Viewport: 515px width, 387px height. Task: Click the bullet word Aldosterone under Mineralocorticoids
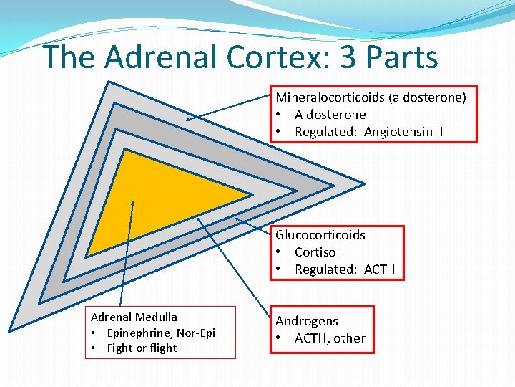click(x=330, y=115)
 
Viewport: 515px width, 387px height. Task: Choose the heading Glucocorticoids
click(x=320, y=235)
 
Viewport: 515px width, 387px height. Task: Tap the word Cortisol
click(x=316, y=252)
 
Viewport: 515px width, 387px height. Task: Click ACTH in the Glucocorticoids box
click(x=379, y=269)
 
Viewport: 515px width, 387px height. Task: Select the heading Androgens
click(x=307, y=321)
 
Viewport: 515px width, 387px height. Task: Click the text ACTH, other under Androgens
click(x=330, y=338)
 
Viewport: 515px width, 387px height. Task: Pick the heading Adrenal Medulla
click(x=134, y=317)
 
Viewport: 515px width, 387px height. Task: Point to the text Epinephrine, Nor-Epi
click(x=161, y=333)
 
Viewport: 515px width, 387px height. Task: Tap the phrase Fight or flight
click(x=142, y=348)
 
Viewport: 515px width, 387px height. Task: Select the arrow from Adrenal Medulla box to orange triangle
click(x=127, y=258)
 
